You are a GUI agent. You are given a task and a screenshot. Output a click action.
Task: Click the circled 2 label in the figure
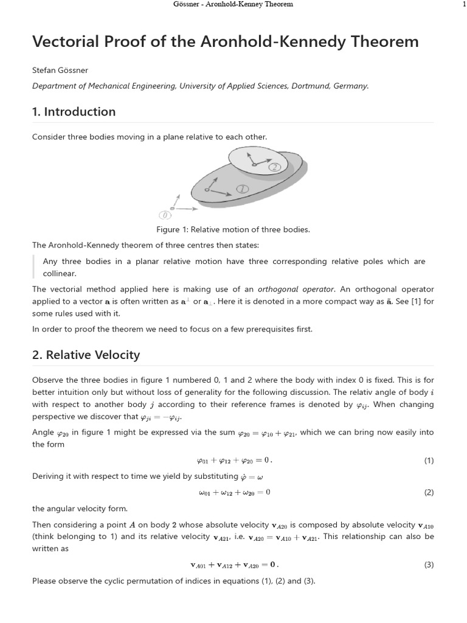275,167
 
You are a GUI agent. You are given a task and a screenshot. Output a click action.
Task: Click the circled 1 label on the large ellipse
242,189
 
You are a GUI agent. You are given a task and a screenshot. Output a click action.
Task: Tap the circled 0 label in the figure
163,215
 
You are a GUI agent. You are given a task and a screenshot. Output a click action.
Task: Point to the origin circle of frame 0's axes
172,209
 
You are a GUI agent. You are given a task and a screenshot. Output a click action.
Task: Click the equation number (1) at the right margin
429,461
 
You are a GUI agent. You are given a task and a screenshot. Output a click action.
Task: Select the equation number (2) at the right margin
429,492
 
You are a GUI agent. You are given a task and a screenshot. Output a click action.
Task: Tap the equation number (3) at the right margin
429,565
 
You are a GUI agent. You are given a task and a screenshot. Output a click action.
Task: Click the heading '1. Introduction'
74,112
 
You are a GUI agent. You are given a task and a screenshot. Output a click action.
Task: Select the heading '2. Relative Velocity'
86,355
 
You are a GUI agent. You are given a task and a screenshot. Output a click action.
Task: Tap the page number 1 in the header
464,4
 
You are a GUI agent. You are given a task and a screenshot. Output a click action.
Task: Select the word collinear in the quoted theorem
59,274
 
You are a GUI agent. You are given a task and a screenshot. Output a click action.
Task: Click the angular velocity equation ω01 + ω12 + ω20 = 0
234,492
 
